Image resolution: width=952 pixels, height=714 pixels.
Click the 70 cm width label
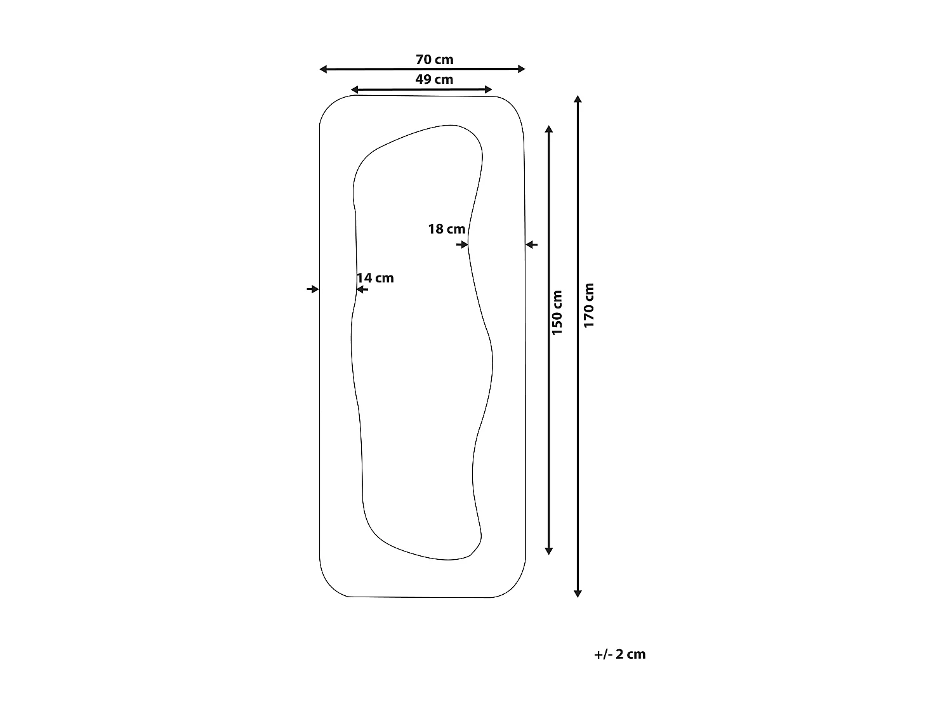[x=434, y=60]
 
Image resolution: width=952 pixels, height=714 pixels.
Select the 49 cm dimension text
[x=434, y=79]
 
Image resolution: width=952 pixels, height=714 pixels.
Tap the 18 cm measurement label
[x=446, y=229]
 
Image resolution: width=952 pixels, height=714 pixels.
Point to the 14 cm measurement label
[x=375, y=278]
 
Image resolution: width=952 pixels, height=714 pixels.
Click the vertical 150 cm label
[x=557, y=312]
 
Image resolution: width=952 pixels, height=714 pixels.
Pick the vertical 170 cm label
[x=589, y=305]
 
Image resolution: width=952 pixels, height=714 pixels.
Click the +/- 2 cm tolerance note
[x=619, y=654]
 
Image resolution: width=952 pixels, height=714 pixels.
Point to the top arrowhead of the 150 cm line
[x=549, y=129]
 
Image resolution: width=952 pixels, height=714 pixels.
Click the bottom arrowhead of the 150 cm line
[x=549, y=551]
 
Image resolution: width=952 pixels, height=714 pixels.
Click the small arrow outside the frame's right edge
[x=532, y=244]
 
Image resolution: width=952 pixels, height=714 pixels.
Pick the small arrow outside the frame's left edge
[x=312, y=289]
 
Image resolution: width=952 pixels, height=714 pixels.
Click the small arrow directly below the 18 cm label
[x=462, y=244]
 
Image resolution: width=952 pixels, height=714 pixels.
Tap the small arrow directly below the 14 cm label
[x=362, y=289]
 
